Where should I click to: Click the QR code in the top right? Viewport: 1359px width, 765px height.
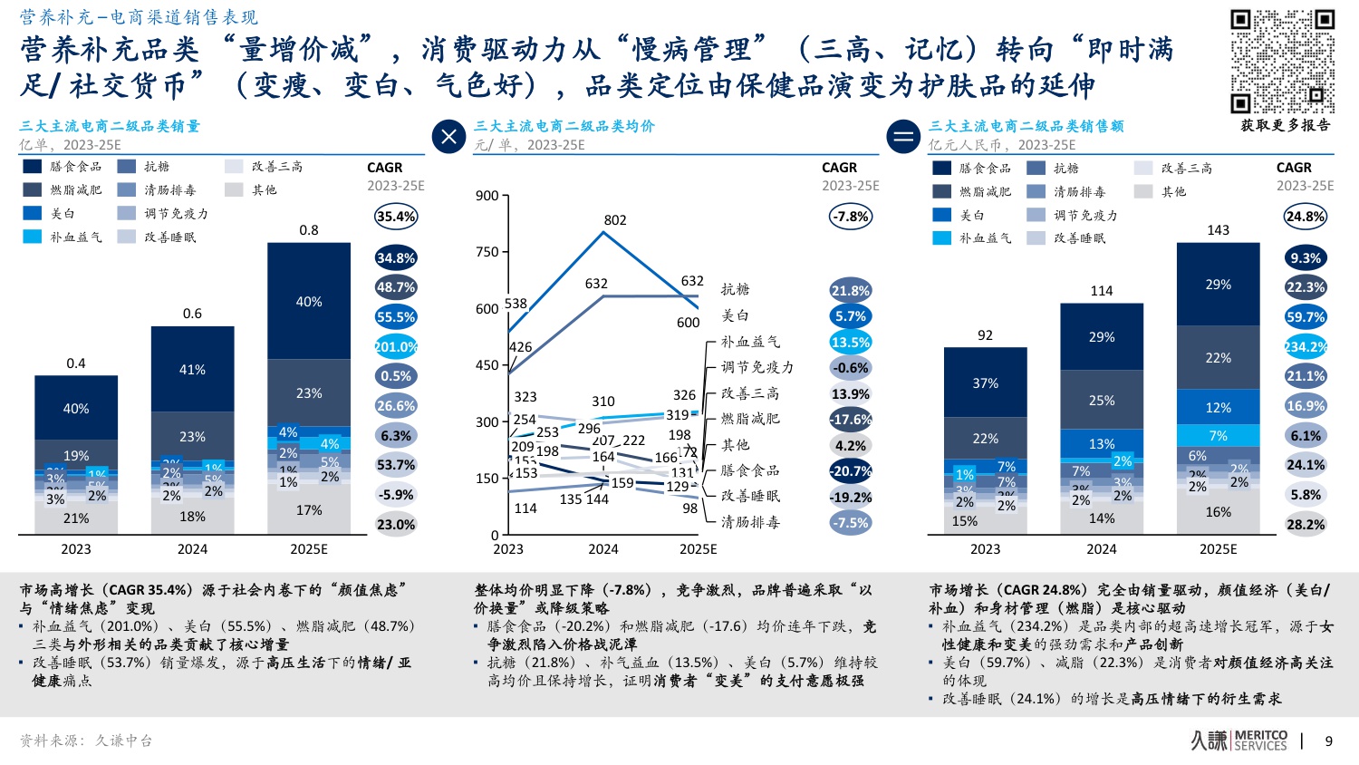(x=1282, y=61)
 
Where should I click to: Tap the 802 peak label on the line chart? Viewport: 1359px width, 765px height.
(x=615, y=220)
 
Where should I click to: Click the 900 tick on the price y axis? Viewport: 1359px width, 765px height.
(x=487, y=196)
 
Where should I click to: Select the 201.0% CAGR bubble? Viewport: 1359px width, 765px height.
(x=396, y=347)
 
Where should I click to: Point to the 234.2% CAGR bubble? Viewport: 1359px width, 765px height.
(x=1306, y=347)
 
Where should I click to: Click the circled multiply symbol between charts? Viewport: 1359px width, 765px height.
(x=448, y=137)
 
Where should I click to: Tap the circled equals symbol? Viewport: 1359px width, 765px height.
(x=903, y=137)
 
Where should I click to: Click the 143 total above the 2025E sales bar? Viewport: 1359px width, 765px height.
(x=1218, y=230)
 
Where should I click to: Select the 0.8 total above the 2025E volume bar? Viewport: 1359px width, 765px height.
(x=309, y=230)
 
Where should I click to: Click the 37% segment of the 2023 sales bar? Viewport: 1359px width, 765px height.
(x=985, y=383)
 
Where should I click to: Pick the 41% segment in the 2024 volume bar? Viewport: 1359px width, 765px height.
(x=192, y=370)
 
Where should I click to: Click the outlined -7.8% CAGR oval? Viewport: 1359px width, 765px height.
(x=851, y=217)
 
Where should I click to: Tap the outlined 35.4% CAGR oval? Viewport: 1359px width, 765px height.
(x=396, y=217)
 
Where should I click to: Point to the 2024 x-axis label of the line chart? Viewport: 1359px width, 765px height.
(x=603, y=549)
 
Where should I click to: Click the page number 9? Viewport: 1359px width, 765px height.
(x=1329, y=741)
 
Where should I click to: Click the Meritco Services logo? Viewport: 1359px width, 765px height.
(x=1239, y=741)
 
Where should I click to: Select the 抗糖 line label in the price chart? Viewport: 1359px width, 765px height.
(x=735, y=289)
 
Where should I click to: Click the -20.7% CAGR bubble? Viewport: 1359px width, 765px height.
(x=851, y=471)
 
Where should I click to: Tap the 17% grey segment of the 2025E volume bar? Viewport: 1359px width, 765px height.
(x=309, y=510)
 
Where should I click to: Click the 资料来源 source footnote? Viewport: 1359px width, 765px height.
(x=86, y=741)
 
